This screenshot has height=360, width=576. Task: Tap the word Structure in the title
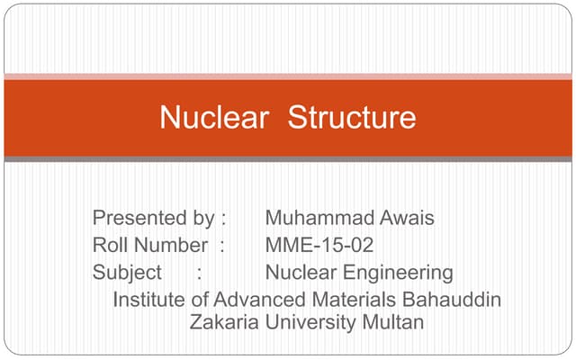pyautogui.click(x=352, y=118)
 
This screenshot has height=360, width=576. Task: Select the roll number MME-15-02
pyautogui.click(x=319, y=245)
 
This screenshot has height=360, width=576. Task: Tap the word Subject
pyautogui.click(x=127, y=272)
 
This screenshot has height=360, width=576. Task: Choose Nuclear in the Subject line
pyautogui.click(x=298, y=272)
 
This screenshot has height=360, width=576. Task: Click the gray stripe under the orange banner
pyautogui.click(x=288, y=159)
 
